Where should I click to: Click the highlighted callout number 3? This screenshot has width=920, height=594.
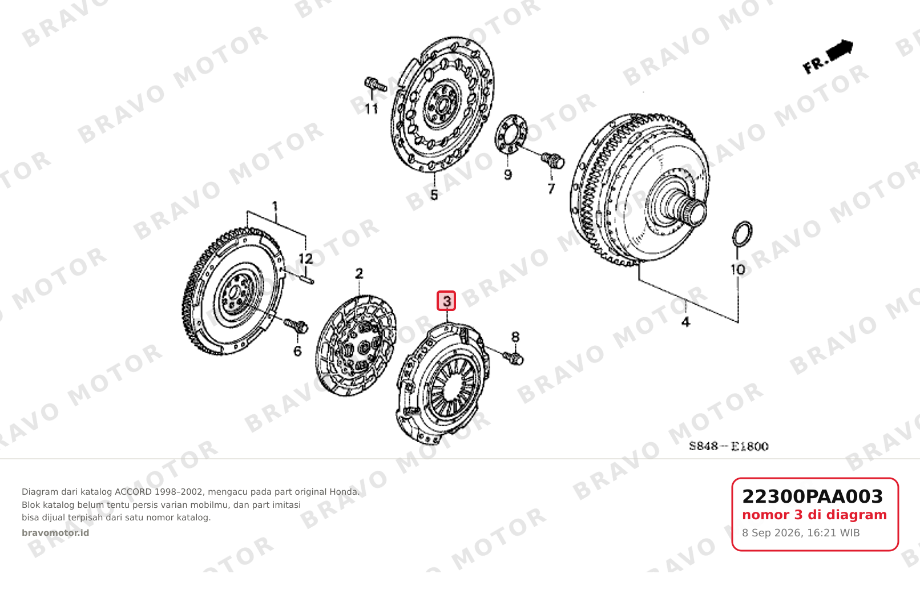pyautogui.click(x=446, y=301)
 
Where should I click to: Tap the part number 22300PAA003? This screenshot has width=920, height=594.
pyautogui.click(x=812, y=496)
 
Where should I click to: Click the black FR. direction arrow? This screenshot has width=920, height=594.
pyautogui.click(x=840, y=50)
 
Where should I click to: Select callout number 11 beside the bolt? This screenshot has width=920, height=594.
pyautogui.click(x=372, y=109)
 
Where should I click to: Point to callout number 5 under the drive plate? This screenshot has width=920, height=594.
pyautogui.click(x=434, y=195)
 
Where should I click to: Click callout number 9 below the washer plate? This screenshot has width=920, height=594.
pyautogui.click(x=508, y=175)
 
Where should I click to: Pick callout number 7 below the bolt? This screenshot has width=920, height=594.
pyautogui.click(x=551, y=188)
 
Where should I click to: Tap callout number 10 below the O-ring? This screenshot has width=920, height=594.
pyautogui.click(x=737, y=270)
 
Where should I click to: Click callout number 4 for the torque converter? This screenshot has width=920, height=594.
pyautogui.click(x=685, y=322)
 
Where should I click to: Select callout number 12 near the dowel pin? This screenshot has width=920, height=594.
pyautogui.click(x=305, y=258)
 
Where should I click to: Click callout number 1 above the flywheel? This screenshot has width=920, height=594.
pyautogui.click(x=275, y=207)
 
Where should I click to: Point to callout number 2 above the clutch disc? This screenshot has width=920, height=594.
pyautogui.click(x=359, y=273)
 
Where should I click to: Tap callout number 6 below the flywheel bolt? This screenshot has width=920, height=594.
pyautogui.click(x=297, y=351)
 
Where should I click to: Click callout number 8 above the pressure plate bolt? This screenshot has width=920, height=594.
pyautogui.click(x=515, y=337)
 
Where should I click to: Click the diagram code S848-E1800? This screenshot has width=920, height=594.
pyautogui.click(x=729, y=446)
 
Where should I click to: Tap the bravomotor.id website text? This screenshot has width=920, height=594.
pyautogui.click(x=55, y=533)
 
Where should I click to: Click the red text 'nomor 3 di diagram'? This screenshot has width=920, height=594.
pyautogui.click(x=814, y=515)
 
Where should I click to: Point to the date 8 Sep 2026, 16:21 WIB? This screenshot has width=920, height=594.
pyautogui.click(x=801, y=533)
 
